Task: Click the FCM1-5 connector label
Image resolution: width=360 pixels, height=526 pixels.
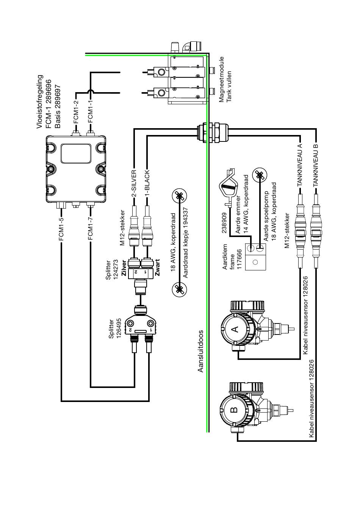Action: click(61, 229)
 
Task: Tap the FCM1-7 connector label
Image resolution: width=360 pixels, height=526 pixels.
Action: click(91, 229)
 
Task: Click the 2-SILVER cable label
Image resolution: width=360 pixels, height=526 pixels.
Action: click(134, 184)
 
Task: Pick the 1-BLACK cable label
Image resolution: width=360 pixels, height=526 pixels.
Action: click(147, 183)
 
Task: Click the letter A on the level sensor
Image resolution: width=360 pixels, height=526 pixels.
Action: click(236, 329)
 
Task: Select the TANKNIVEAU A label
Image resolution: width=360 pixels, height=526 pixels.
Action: click(300, 165)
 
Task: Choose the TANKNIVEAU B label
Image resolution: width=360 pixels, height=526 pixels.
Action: click(316, 165)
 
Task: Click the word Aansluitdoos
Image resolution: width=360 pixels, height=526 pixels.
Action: click(200, 351)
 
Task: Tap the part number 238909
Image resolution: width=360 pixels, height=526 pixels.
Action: click(224, 223)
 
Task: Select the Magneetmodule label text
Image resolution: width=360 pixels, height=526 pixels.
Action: click(221, 79)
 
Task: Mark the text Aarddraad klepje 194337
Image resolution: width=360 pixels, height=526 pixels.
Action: click(186, 243)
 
